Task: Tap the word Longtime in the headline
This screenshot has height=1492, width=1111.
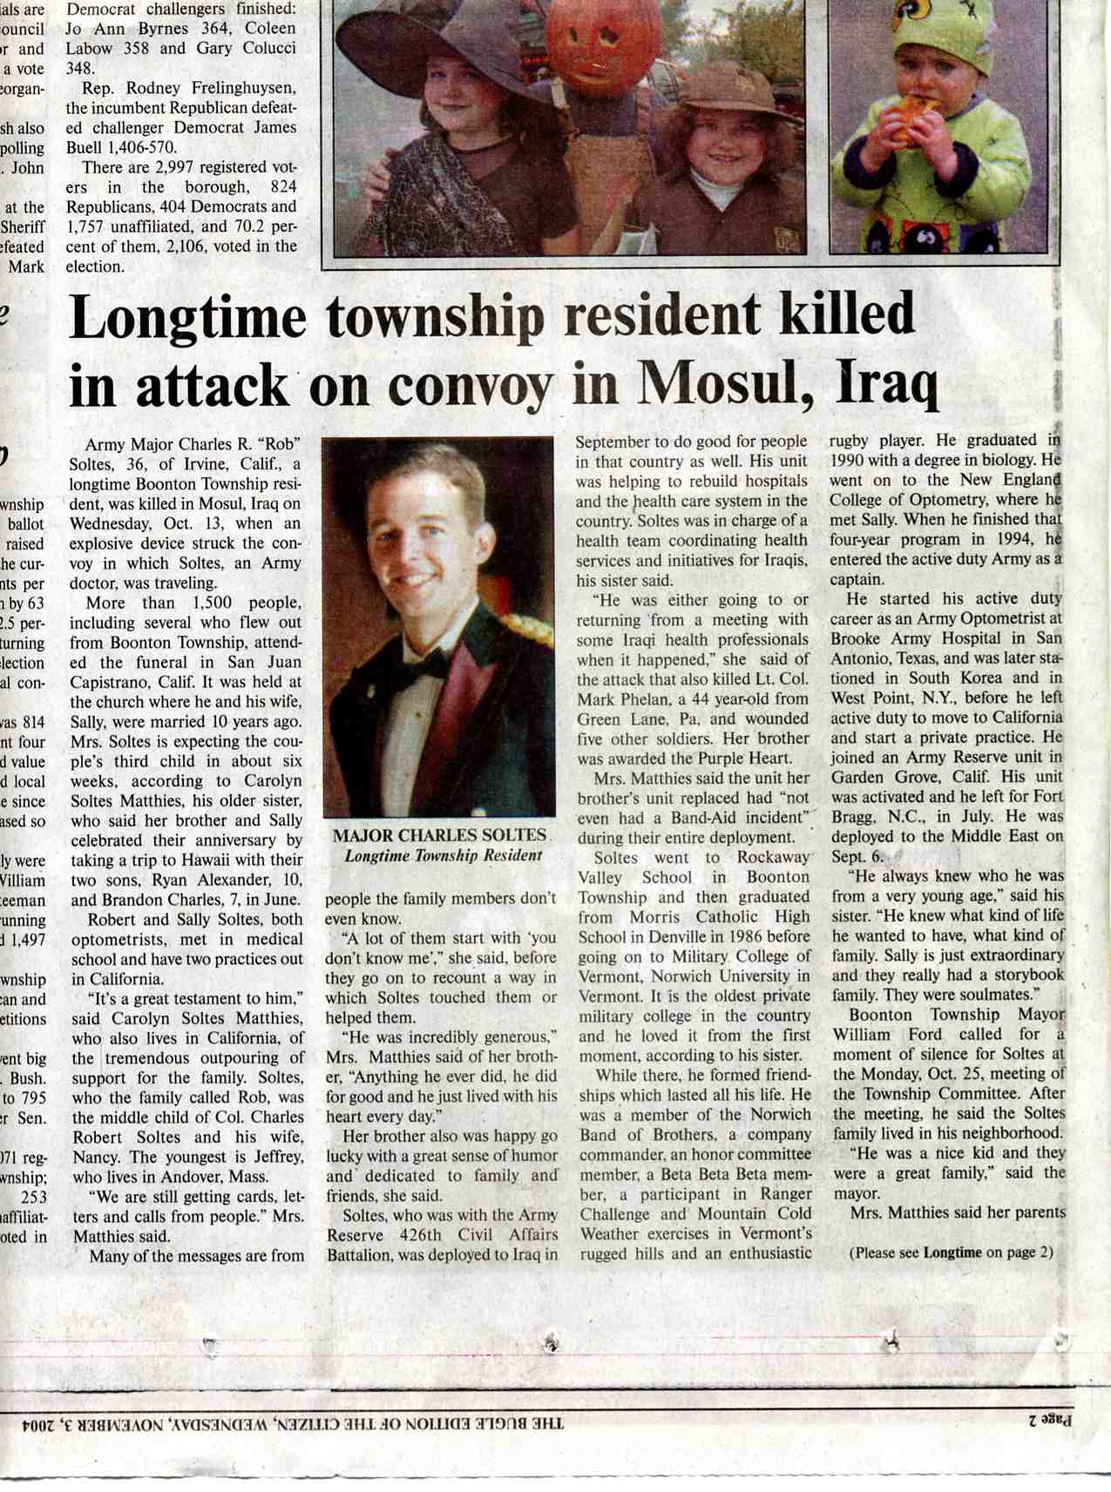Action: [x=187, y=317]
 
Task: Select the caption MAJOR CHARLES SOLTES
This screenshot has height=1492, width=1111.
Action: [x=438, y=836]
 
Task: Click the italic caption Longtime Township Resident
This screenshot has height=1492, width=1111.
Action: [x=443, y=855]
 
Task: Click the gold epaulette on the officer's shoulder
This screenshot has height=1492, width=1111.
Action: [x=527, y=627]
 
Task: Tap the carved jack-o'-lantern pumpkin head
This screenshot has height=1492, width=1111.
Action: [x=593, y=39]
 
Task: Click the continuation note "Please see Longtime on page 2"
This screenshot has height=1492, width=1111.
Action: [x=951, y=1252]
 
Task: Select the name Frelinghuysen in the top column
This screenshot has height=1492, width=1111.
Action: [x=238, y=88]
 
